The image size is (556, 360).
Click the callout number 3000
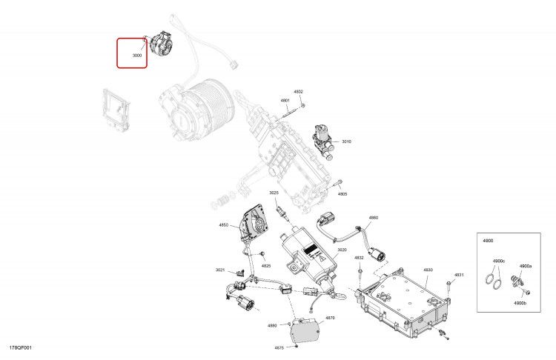tap(137, 56)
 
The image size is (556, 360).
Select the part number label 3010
tap(346, 141)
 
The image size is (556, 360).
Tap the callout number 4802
tap(299, 92)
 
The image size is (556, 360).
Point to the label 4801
tap(285, 101)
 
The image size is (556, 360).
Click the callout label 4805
tap(342, 194)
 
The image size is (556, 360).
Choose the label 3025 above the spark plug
tap(274, 193)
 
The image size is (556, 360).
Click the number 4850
tap(224, 225)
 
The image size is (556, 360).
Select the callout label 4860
tap(374, 218)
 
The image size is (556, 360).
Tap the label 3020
tap(342, 250)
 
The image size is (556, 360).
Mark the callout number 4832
tap(360, 258)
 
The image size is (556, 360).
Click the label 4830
tap(428, 270)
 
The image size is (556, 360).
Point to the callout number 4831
tap(459, 275)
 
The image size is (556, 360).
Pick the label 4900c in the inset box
tap(499, 261)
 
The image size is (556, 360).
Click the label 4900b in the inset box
tap(520, 303)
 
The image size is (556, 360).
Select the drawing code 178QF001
tap(21, 347)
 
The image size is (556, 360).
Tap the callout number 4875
tap(279, 347)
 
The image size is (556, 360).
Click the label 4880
tap(272, 325)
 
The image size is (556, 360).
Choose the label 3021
tap(220, 270)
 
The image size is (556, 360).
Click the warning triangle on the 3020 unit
tap(322, 259)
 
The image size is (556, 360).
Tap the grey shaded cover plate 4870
tap(305, 331)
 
